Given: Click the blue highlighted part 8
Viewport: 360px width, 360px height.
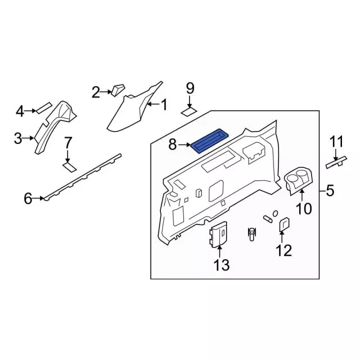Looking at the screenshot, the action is pos(210,141).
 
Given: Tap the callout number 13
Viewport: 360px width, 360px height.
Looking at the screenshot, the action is pos(222,265).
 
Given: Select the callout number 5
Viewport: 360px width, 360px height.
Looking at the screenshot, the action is pos(330,191).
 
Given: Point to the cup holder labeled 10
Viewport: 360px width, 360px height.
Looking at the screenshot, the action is pos(299,181).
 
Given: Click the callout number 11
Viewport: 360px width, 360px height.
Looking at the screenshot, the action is pos(336,141).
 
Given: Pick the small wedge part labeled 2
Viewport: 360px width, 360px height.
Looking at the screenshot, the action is pos(118,90).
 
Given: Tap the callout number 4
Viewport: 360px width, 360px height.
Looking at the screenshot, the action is pos(20,112).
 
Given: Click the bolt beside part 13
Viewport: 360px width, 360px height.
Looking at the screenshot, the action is pos(252,234).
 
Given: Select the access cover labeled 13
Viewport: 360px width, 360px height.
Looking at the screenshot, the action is pos(219,235).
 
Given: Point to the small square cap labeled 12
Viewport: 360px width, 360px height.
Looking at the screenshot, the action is pos(284,224).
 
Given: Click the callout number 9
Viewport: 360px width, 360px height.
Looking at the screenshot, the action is pos(190,88).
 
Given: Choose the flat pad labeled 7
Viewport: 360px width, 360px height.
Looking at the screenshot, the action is pos(70,166).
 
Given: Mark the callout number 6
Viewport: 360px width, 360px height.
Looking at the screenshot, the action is pos(28,199).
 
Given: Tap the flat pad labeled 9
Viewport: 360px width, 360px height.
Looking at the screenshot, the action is pos(189,112).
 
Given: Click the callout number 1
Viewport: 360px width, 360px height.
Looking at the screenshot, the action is pos(164,105).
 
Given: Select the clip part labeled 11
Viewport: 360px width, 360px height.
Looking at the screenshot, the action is pos(336,162).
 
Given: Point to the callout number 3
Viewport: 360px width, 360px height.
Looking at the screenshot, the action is pos(18,138).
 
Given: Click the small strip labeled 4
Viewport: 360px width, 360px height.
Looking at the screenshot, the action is pos(44,107).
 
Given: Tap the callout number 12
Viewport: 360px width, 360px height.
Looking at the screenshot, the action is pos(284,250).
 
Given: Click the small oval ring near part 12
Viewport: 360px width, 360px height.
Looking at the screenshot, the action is pos(275,213).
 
